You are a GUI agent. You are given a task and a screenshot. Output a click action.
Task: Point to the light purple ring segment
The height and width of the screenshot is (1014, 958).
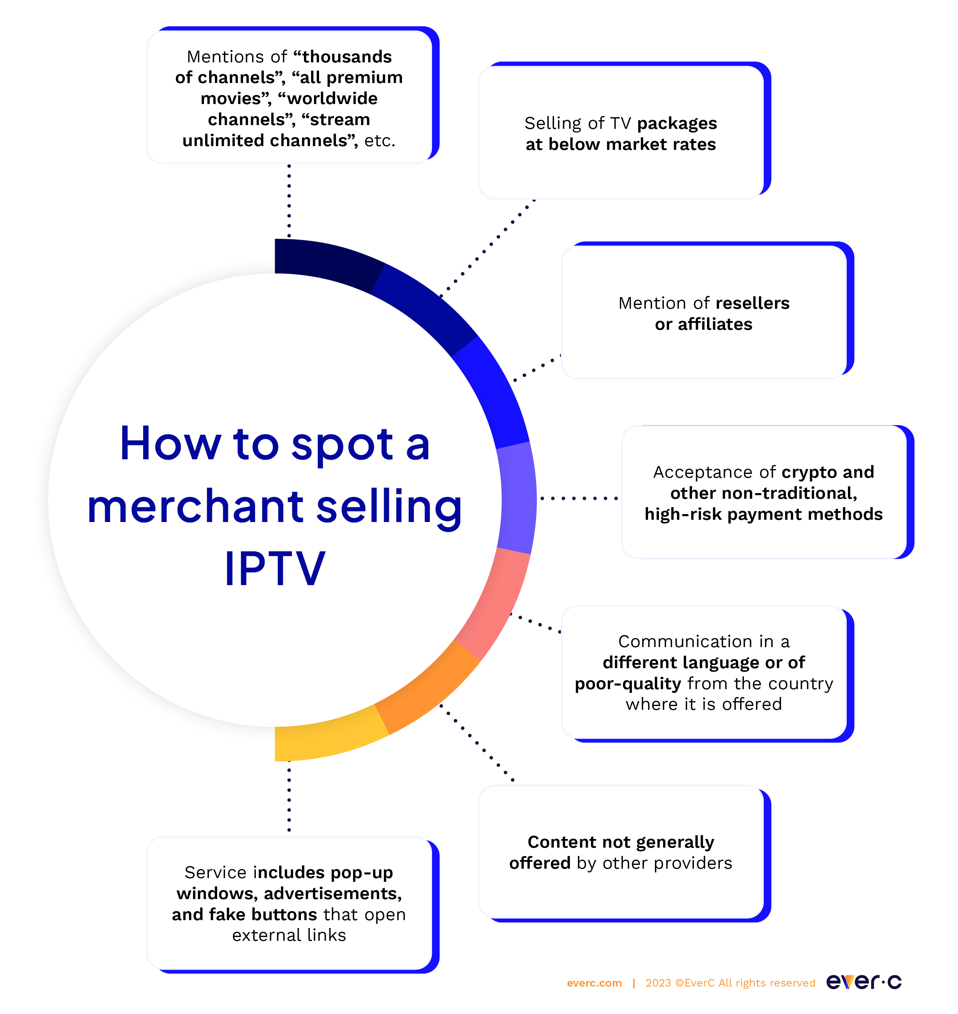517,498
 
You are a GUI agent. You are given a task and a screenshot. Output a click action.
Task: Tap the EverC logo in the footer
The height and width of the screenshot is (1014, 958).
864,981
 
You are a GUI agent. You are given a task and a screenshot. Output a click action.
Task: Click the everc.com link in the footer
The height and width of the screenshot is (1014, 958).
594,983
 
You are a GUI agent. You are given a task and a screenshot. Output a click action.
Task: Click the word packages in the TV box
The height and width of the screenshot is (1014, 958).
677,124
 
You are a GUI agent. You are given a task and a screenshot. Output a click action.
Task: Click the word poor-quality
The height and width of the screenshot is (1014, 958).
628,684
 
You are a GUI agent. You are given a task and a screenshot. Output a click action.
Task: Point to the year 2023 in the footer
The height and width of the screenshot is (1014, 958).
658,983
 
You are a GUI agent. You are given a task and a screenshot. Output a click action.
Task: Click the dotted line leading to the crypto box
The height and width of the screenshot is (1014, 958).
579,498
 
